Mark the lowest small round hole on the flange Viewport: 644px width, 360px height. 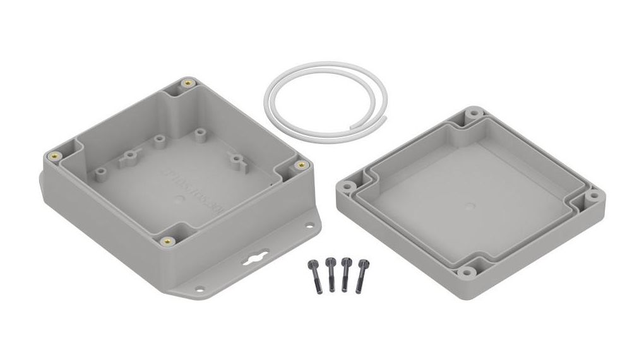tap(200, 289)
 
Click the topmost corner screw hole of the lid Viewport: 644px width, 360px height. tap(472, 116)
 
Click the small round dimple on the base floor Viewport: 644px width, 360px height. tap(179, 200)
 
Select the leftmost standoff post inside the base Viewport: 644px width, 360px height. tap(99, 171)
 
